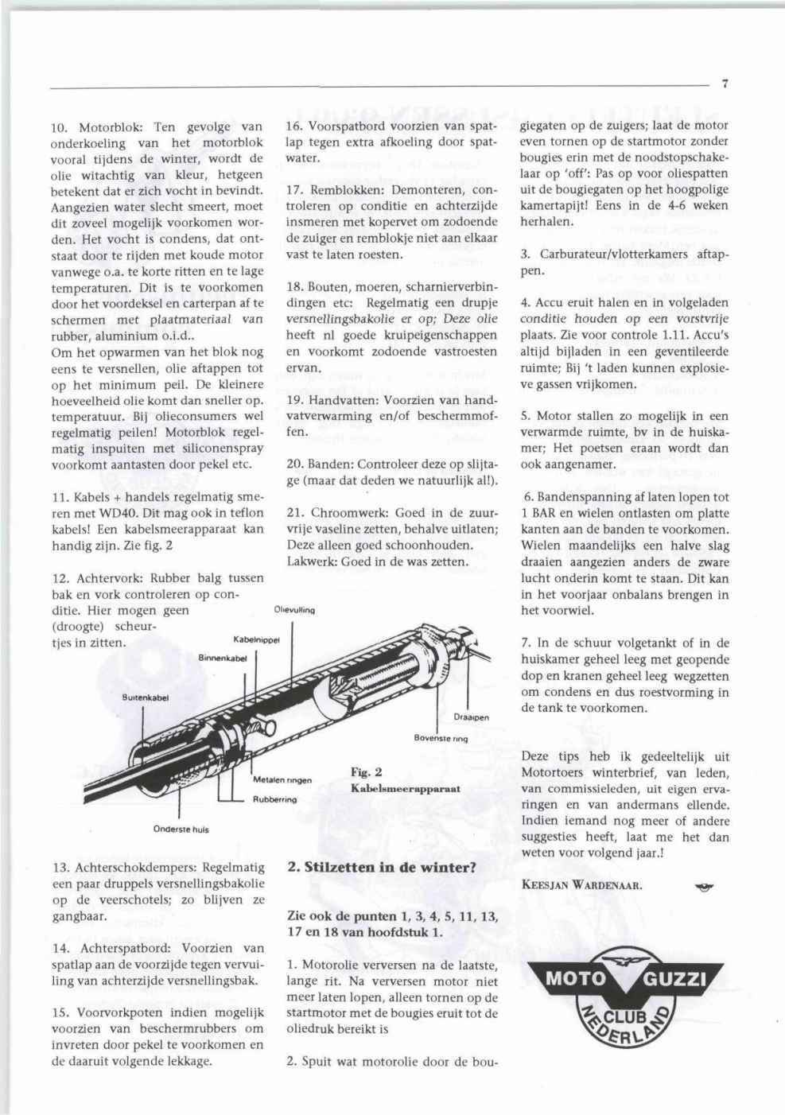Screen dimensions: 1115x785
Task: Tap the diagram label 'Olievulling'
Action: pos(295,611)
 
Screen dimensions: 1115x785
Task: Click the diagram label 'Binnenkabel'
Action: pos(223,658)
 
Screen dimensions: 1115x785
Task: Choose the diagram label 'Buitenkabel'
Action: pos(146,697)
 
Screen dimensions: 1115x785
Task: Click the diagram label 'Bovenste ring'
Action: pos(441,738)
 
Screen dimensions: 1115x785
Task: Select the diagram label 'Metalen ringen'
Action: pos(282,779)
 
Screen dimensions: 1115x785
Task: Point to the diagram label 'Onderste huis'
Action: pos(181,829)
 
